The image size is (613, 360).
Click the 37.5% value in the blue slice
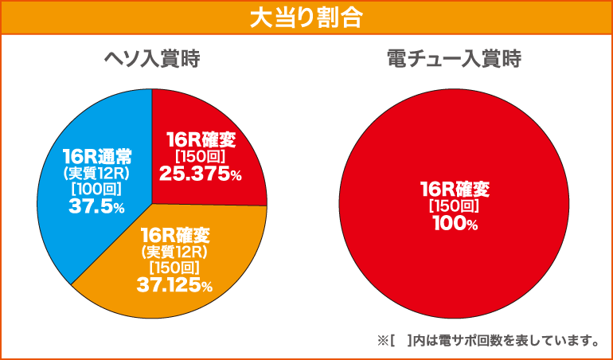click(95, 206)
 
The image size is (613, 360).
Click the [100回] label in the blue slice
click(95, 189)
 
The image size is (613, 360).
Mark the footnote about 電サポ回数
click(489, 341)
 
